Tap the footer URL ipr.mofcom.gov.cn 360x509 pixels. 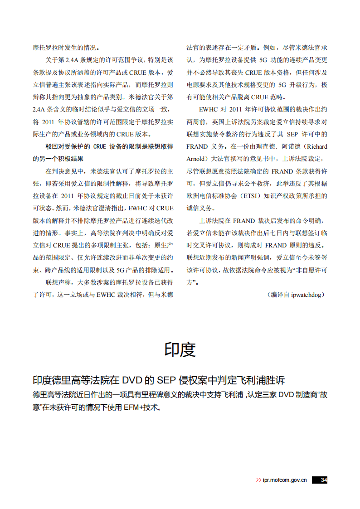coord(285,480)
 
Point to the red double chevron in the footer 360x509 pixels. coord(258,480)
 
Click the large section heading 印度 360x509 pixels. coord(180,350)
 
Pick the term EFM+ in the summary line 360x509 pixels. coord(134,407)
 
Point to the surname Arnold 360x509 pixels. coord(196,159)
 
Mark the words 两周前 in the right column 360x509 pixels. coord(196,122)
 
